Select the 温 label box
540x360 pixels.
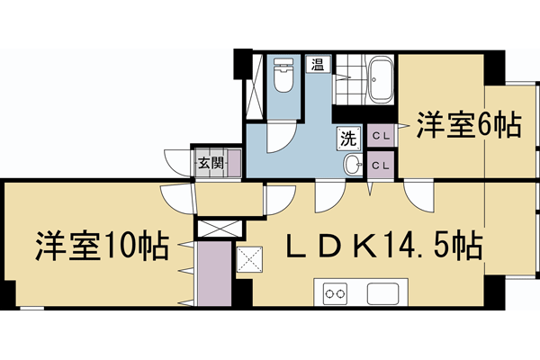click(x=318, y=64)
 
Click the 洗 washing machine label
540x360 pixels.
click(x=348, y=139)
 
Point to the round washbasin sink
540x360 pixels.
click(x=353, y=164)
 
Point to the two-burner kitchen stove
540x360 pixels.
click(x=335, y=292)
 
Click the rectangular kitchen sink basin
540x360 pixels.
click(x=382, y=292)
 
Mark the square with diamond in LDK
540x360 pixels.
click(x=247, y=260)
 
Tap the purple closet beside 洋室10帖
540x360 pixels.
click(x=213, y=273)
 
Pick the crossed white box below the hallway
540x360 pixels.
click(x=214, y=229)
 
